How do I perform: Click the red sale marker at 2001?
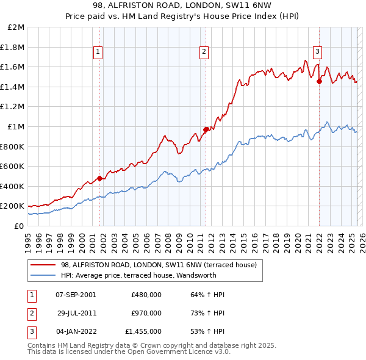(x=99, y=178)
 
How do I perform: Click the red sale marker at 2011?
(x=206, y=129)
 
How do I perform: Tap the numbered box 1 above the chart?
(x=98, y=52)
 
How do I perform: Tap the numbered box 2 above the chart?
(x=204, y=52)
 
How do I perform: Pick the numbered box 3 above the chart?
(x=317, y=52)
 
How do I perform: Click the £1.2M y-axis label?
(x=12, y=107)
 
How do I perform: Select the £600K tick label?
(x=12, y=166)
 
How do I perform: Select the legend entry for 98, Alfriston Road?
(x=162, y=265)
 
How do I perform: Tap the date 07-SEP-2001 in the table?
(x=76, y=295)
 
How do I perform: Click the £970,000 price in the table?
(x=146, y=313)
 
